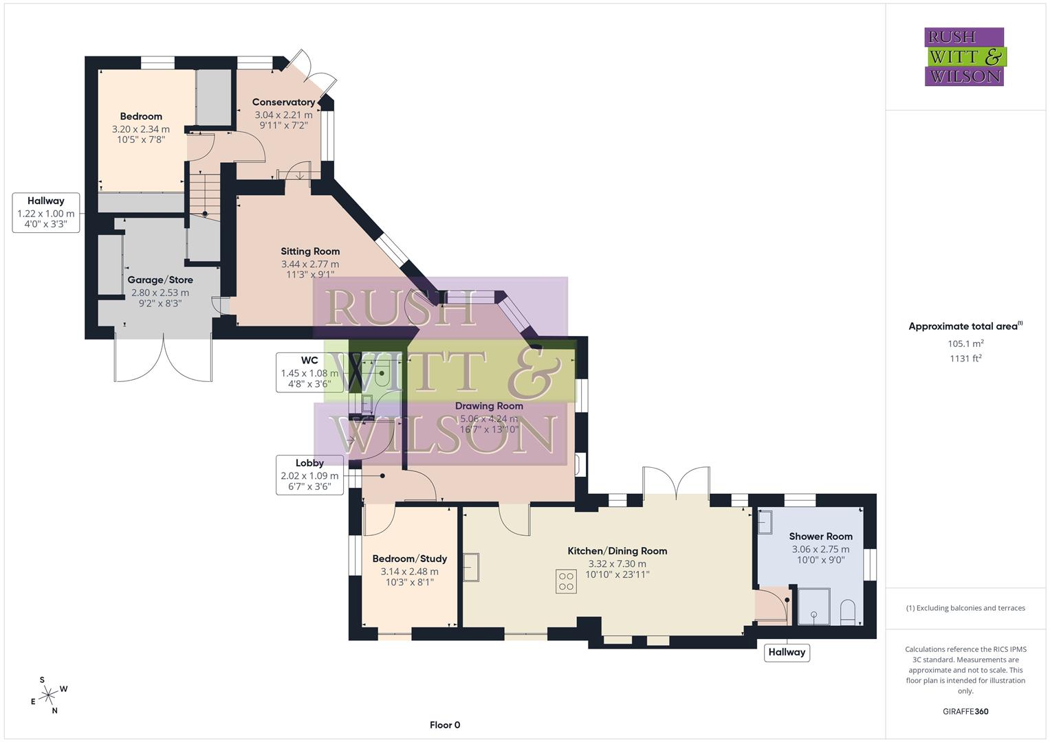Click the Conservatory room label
tap(283, 102)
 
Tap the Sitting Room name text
tap(310, 251)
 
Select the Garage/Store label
tap(160, 280)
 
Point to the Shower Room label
tap(820, 537)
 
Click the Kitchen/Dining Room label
tap(617, 551)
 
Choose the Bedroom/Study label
tap(409, 559)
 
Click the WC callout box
tap(309, 372)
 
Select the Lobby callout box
tap(309, 475)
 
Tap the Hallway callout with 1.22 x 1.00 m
tap(46, 212)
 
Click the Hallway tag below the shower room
tap(787, 652)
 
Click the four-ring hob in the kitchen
tap(566, 581)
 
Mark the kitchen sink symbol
tap(471, 567)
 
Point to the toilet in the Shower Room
tap(847, 611)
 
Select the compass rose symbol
tap(49, 695)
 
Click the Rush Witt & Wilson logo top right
tap(964, 56)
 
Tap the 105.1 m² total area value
tap(965, 344)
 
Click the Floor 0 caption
tap(445, 725)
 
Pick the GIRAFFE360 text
tap(965, 711)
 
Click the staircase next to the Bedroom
tap(204, 194)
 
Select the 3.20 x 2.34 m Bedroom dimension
tap(141, 129)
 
